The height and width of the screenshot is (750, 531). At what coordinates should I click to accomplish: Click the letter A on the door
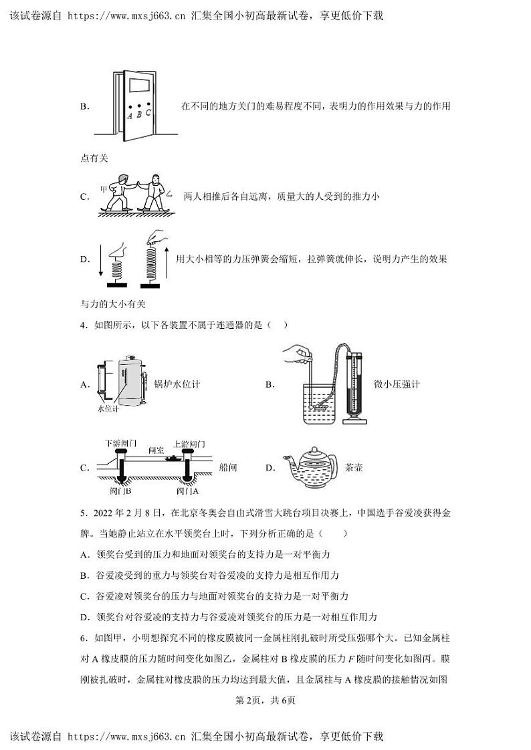129,116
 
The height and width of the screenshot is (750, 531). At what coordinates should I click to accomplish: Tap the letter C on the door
148,112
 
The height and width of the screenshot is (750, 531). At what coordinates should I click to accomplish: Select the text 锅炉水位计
177,384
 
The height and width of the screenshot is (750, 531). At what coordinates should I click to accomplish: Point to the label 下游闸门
121,443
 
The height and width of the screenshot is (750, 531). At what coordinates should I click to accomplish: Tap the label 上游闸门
189,444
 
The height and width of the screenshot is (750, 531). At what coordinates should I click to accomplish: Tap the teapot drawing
310,466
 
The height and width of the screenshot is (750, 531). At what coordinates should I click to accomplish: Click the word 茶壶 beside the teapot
354,468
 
